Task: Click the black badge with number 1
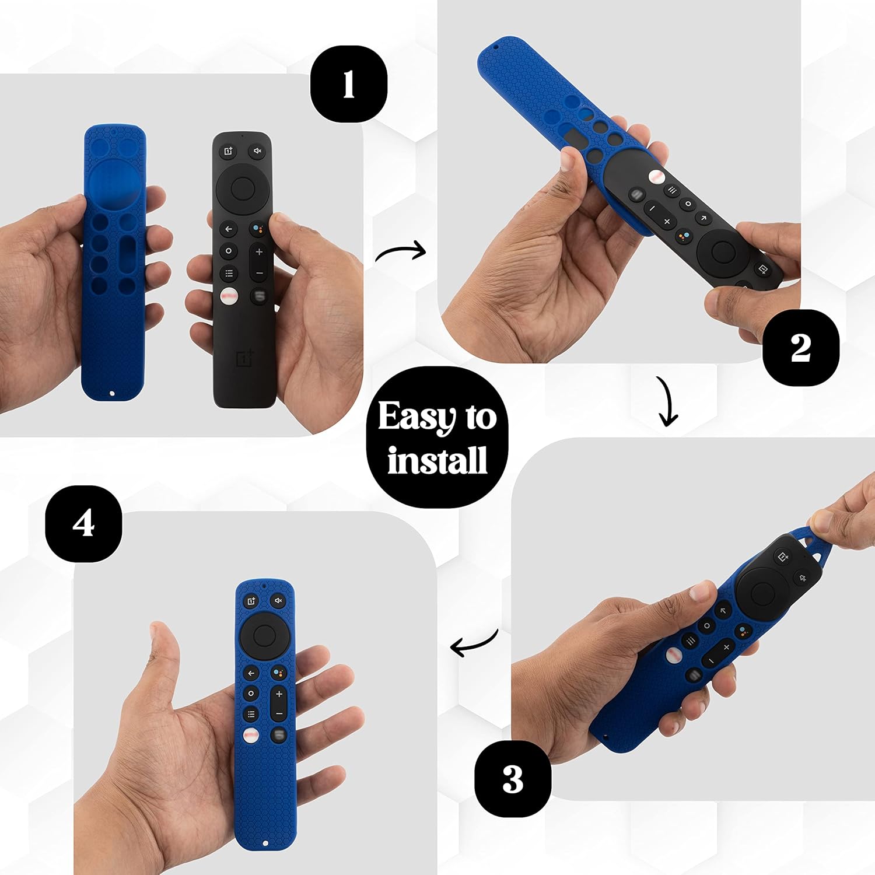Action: tap(348, 84)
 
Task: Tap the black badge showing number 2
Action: tap(800, 348)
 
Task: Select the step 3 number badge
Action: tap(512, 779)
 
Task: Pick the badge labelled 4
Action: tap(83, 523)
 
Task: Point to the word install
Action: tap(437, 460)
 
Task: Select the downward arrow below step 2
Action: tap(667, 401)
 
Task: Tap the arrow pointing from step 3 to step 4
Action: tap(474, 643)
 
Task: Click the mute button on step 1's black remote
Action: tap(257, 151)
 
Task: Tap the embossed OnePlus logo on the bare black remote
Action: tap(245, 358)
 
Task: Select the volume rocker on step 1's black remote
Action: tap(259, 262)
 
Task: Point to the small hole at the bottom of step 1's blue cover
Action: tap(113, 394)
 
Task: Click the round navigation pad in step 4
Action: tap(264, 634)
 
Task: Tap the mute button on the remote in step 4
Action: tap(278, 600)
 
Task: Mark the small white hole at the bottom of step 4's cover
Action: tap(266, 843)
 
